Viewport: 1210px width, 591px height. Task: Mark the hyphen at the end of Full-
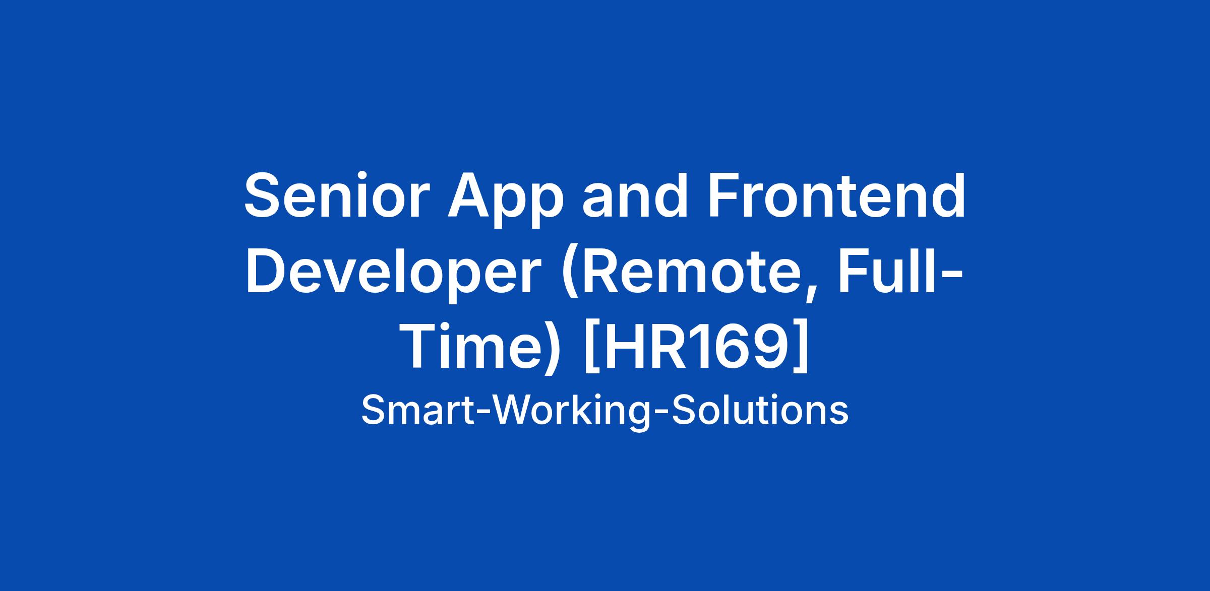(952, 275)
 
